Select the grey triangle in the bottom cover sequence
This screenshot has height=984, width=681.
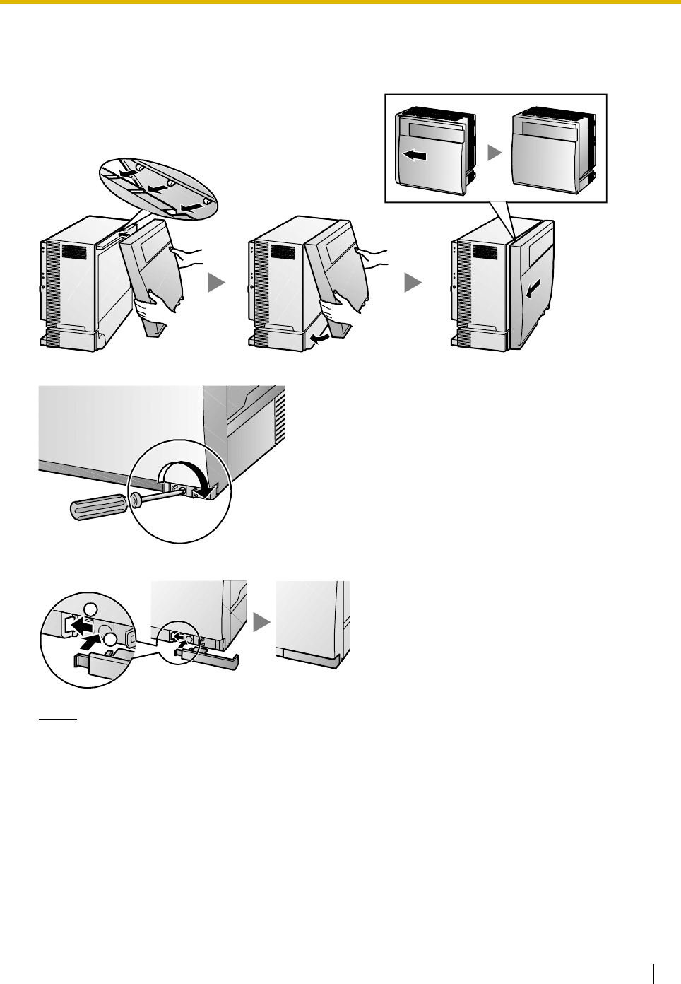point(261,621)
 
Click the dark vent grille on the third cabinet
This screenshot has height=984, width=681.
point(487,252)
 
